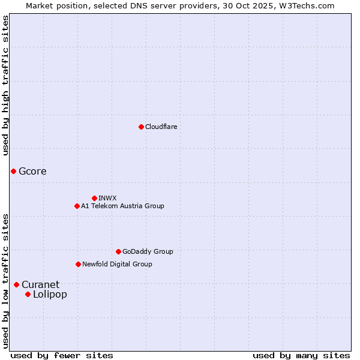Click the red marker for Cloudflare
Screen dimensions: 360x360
(141, 127)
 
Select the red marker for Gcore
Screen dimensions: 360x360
(13, 171)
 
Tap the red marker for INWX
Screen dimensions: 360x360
(94, 198)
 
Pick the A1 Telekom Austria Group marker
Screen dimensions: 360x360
(77, 206)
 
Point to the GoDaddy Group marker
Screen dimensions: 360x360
(118, 251)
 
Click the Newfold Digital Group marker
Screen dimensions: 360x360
(78, 264)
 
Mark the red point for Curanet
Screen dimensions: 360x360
(16, 284)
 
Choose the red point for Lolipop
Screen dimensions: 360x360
(28, 294)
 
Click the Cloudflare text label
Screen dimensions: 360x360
(161, 127)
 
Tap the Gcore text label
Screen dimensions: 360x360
(32, 171)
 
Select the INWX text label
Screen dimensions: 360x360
(107, 198)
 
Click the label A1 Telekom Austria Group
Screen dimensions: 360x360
(122, 206)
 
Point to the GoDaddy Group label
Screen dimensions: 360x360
(148, 251)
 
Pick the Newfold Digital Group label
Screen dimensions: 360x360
(117, 264)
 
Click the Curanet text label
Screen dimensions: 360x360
(40, 284)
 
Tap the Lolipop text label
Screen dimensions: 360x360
(50, 294)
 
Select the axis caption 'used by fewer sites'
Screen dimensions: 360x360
(62, 355)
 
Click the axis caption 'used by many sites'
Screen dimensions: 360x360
(301, 355)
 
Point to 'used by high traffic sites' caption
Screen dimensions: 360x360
(5, 85)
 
